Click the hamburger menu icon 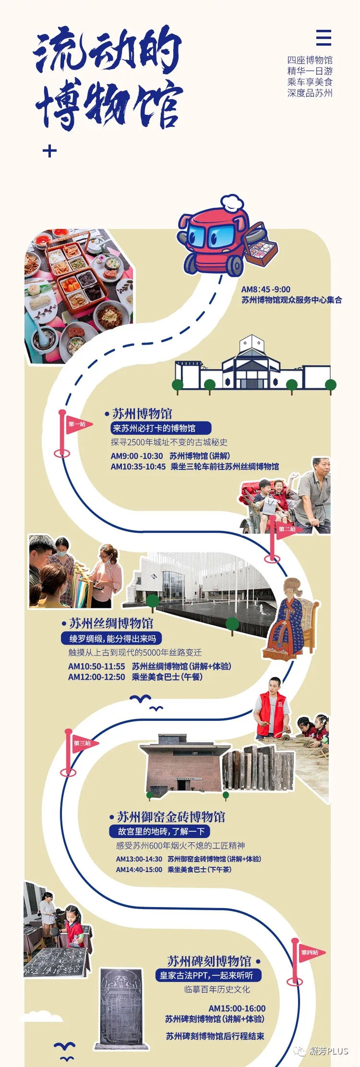click(x=323, y=38)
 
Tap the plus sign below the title click(x=50, y=151)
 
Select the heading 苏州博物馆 click(x=142, y=413)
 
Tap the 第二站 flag click(x=287, y=529)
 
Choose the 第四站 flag click(x=309, y=952)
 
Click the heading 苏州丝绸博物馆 click(x=112, y=623)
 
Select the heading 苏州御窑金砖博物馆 click(x=171, y=817)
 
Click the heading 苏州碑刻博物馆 click(x=209, y=961)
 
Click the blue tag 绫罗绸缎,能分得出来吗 click(x=112, y=639)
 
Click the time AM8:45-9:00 click(x=266, y=290)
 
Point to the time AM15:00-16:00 click(x=237, y=1008)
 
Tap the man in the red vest click(x=272, y=708)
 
